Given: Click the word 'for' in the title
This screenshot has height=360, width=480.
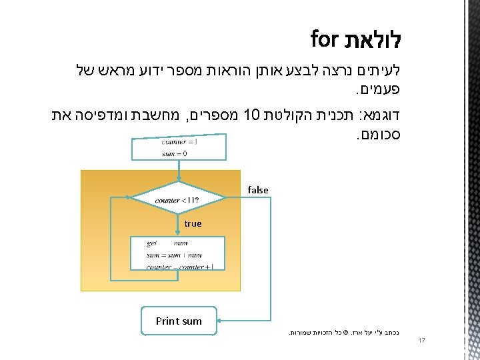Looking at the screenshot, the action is [325, 39].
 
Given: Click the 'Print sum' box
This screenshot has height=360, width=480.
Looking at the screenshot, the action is [179, 321].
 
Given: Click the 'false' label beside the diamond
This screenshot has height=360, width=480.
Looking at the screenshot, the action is [258, 190].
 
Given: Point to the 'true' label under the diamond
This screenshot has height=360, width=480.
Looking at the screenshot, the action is [193, 223].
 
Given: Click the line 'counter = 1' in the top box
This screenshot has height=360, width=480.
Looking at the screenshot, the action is [179, 141].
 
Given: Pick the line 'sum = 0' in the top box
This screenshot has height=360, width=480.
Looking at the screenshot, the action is [174, 153].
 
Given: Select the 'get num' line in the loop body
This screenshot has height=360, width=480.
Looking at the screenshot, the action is [167, 243].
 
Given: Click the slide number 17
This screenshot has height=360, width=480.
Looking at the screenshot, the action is [421, 341].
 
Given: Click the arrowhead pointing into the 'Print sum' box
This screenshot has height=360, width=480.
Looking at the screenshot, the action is [221, 321].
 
